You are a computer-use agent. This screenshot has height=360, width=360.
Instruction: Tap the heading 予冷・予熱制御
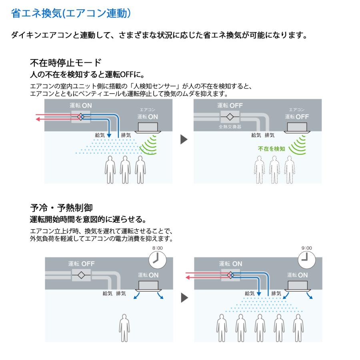(x=62, y=208)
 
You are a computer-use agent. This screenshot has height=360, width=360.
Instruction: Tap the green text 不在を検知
(x=271, y=148)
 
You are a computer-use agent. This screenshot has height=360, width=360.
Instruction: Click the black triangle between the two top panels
(x=183, y=140)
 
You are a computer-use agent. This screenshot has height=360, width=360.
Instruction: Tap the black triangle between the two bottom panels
(x=183, y=298)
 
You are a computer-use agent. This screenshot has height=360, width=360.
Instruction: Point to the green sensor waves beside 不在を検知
(x=297, y=145)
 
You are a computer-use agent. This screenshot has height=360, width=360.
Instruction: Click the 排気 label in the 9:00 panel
(x=276, y=293)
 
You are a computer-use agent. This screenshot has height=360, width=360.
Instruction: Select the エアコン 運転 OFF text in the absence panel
(x=297, y=114)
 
